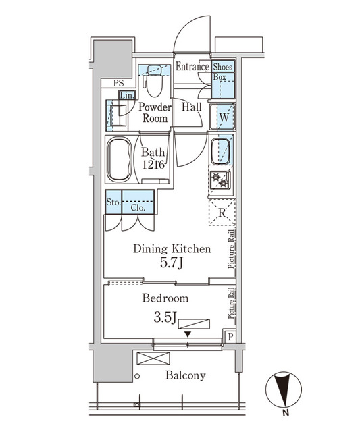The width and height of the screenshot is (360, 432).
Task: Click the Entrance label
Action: (x=192, y=67)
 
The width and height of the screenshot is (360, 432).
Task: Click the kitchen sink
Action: (x=222, y=153)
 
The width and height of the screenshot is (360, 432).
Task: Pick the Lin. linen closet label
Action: (x=127, y=95)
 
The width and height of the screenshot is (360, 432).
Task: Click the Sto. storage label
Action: (x=113, y=201)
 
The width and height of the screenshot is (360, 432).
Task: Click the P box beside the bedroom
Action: (x=230, y=337)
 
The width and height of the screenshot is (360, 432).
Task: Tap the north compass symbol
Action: (x=286, y=391)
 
